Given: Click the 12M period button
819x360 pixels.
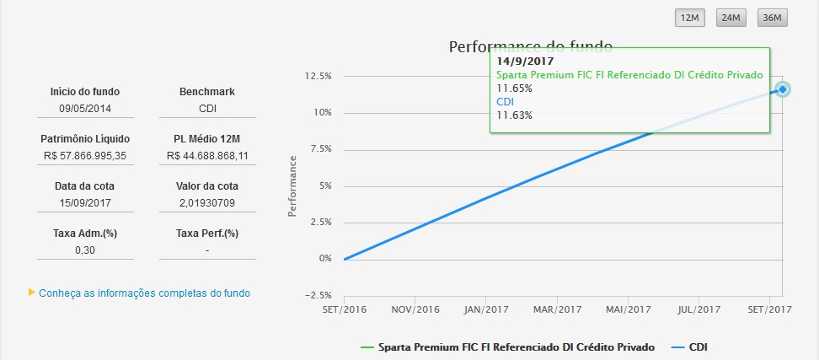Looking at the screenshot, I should point(690,19).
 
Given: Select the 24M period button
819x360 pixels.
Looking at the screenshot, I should point(730,19).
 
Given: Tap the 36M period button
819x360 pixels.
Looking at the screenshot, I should point(771,19).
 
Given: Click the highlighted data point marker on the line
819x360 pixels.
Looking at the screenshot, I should point(783,89).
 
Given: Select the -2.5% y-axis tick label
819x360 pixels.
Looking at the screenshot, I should point(316,294).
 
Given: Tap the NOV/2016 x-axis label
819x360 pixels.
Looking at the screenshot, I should point(415,309).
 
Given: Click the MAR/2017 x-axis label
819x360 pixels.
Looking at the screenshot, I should point(558,309).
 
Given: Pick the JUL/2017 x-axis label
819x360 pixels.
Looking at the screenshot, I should point(700,309).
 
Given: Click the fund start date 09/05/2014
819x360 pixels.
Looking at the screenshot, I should point(85,109).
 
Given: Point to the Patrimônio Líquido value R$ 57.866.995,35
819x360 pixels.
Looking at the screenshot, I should point(85,156).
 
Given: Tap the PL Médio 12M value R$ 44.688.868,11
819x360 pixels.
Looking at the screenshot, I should point(207,156).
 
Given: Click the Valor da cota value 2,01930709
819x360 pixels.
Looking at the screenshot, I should point(207,203).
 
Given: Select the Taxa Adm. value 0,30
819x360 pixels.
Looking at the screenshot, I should point(85,250).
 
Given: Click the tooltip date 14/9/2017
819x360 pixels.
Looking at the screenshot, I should point(524,62).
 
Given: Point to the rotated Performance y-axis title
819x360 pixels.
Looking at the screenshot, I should point(292,185).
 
